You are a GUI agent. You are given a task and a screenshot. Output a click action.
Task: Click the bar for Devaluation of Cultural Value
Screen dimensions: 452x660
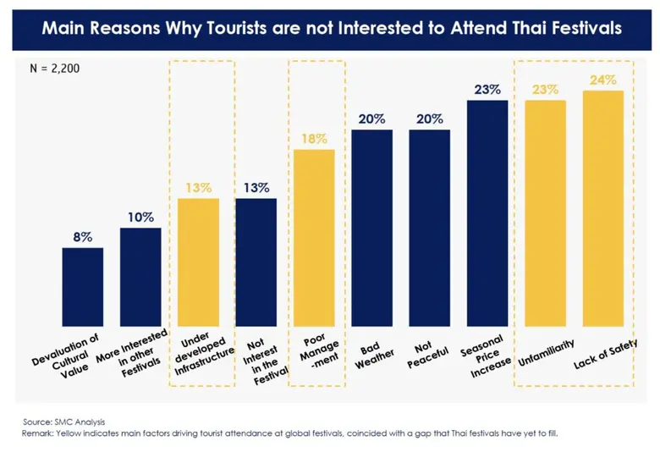pos(82,287)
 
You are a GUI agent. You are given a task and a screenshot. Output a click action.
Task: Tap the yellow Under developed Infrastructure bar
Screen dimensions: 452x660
pos(198,262)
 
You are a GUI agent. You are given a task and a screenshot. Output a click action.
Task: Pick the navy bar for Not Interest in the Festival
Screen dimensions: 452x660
pos(256,262)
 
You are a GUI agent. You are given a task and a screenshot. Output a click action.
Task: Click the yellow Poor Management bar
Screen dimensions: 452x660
pos(314,238)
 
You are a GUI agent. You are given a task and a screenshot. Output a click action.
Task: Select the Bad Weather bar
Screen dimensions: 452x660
pos(371,228)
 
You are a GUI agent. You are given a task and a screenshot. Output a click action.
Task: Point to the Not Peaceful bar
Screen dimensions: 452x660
pos(430,228)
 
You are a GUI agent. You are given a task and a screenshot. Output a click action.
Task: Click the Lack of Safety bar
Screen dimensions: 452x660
pos(603,208)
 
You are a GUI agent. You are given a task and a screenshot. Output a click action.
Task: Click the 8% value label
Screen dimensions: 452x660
pos(82,238)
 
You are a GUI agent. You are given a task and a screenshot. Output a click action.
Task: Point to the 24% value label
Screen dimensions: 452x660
pos(603,80)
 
